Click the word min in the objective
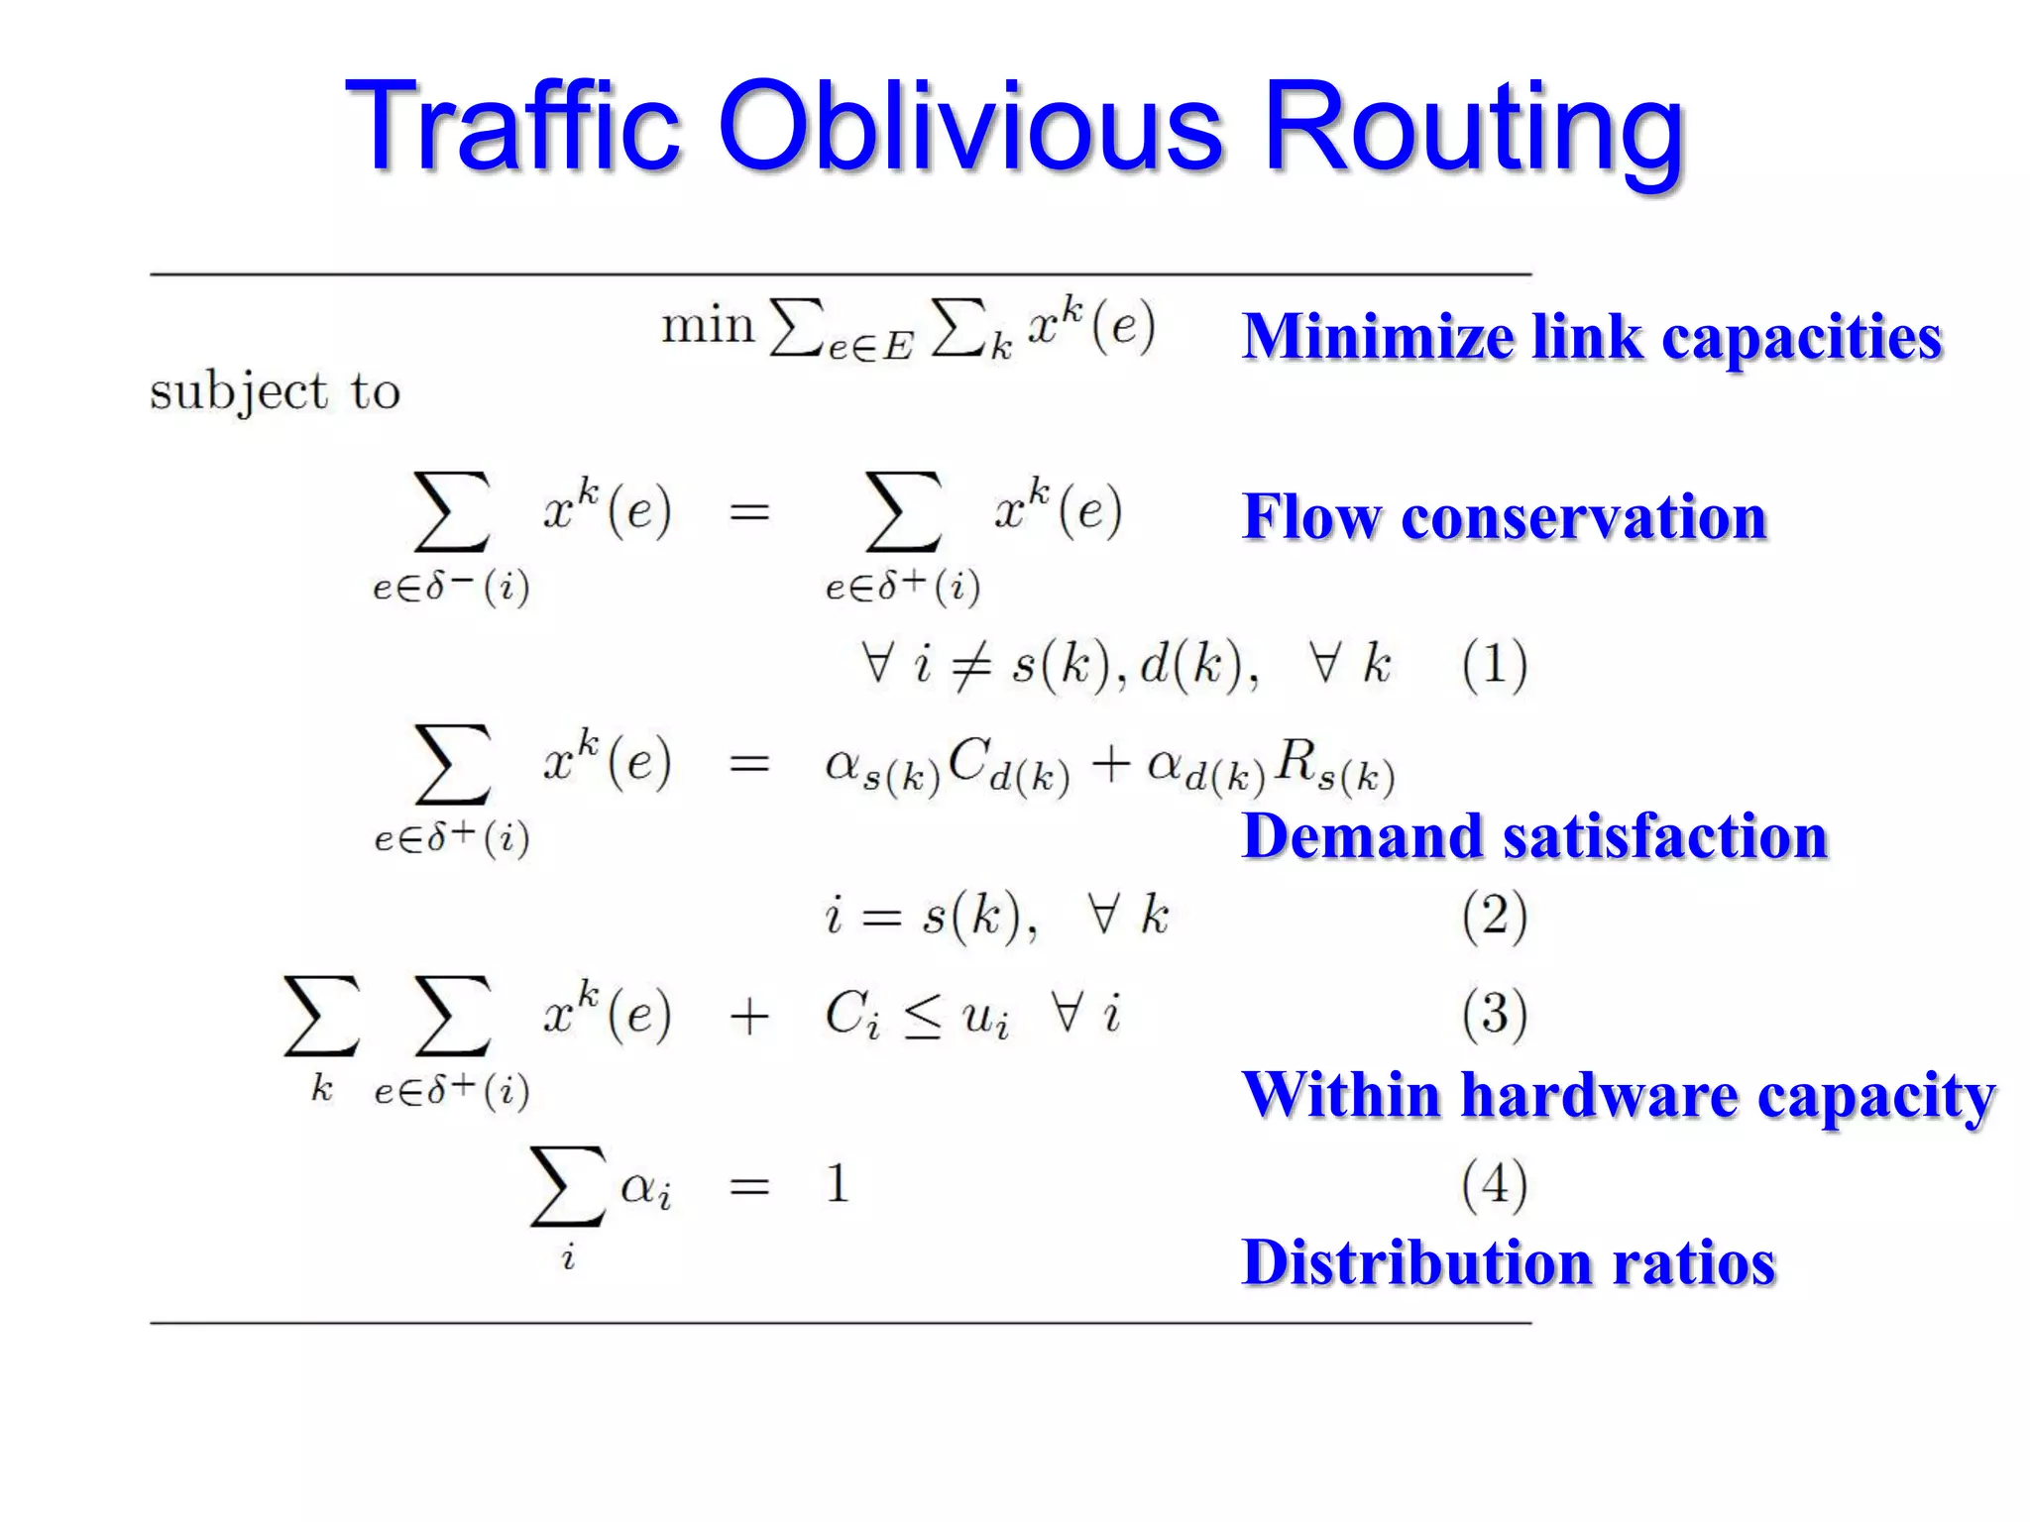[x=708, y=326]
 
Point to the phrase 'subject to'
[x=275, y=392]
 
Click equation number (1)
[x=1494, y=664]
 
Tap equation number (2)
[x=1494, y=916]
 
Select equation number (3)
[x=1494, y=1015]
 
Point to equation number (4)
[x=1494, y=1184]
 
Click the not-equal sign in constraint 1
[x=970, y=665]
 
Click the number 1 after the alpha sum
[x=838, y=1183]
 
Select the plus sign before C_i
[x=749, y=1017]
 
